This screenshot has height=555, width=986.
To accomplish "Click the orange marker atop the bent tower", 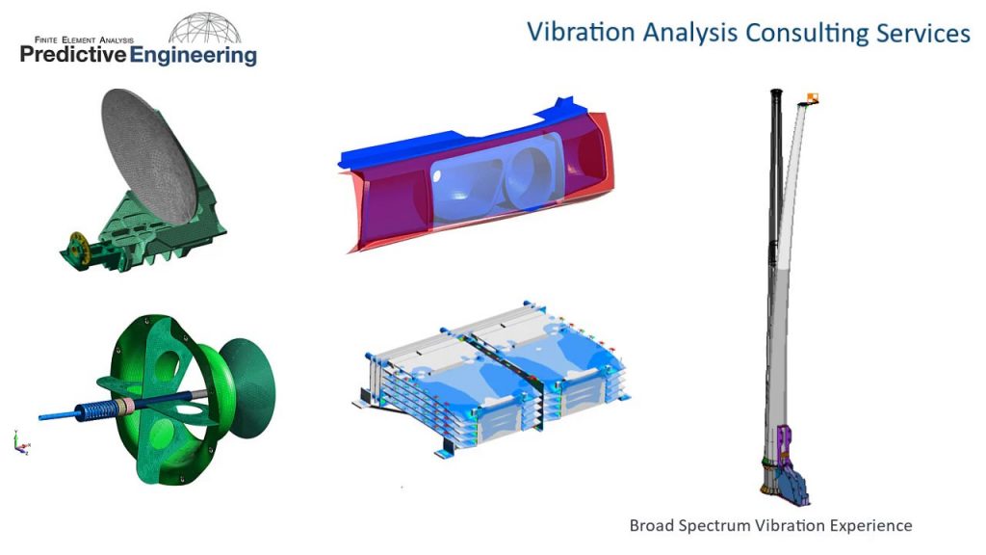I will (x=814, y=96).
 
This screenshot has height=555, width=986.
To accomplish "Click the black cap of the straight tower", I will (x=773, y=93).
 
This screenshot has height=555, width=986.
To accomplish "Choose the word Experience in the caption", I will (x=869, y=526).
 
